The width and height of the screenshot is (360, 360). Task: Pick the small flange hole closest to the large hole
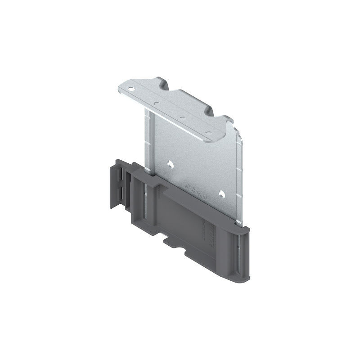156,103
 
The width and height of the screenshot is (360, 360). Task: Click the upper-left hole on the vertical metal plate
170,165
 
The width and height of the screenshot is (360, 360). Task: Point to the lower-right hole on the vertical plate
220,193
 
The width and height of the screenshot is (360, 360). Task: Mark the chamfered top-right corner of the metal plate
239,135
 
